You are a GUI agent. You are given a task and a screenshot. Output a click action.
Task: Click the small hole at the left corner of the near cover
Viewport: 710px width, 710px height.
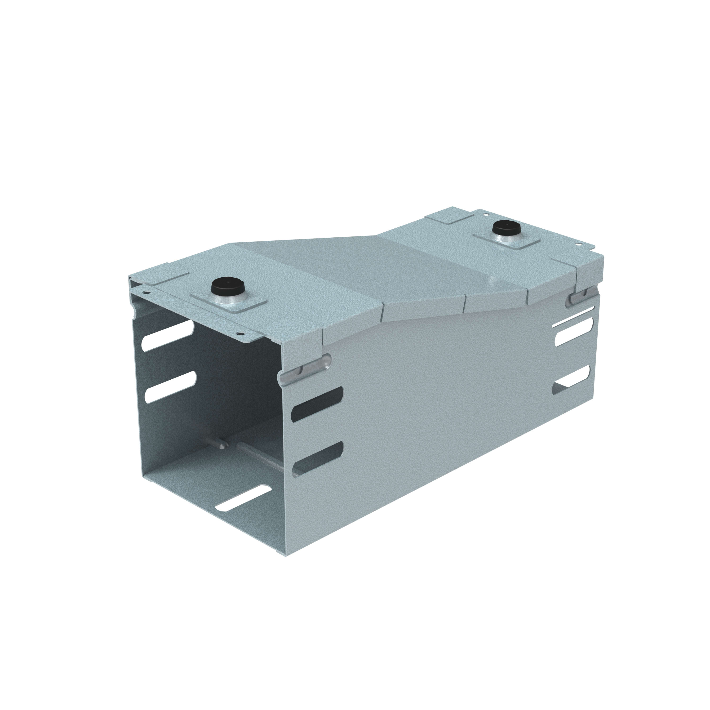click(147, 294)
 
